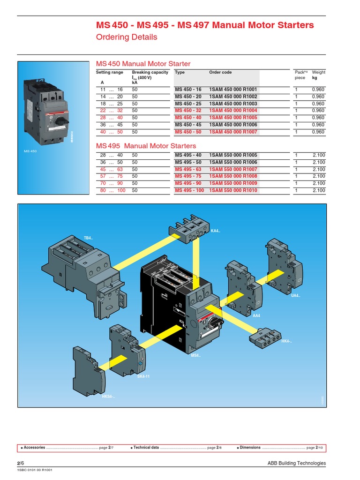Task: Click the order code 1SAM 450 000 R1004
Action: [x=233, y=111]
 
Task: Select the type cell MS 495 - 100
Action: [x=189, y=190]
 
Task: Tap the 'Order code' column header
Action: [x=220, y=73]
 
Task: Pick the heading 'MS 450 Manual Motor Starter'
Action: [x=143, y=64]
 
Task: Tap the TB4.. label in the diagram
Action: [x=88, y=238]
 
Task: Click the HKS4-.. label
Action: [x=108, y=397]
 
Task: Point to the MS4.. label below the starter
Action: [x=195, y=355]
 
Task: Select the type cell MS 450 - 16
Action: [x=188, y=90]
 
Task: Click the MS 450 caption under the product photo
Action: [x=30, y=151]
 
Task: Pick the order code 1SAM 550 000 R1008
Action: [x=233, y=176]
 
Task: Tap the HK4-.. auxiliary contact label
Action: [x=286, y=341]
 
